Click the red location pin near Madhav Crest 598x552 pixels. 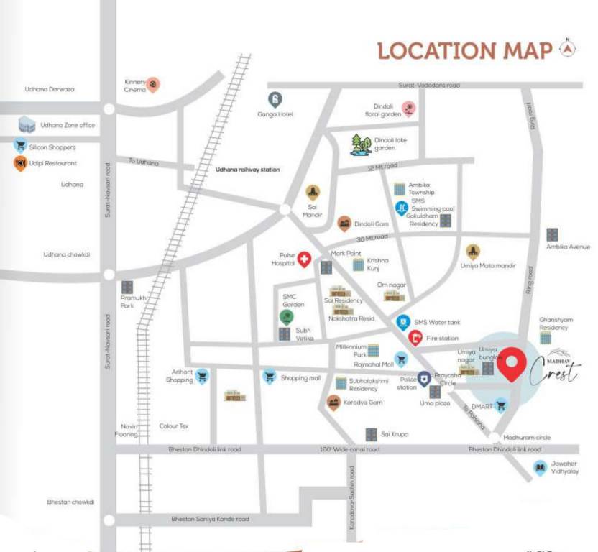click(511, 364)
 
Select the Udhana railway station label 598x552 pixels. click(248, 170)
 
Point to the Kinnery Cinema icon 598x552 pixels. click(153, 85)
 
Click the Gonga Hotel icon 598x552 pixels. click(275, 99)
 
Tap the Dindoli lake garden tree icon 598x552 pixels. click(360, 144)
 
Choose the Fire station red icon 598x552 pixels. click(415, 338)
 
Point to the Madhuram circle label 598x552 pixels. click(527, 437)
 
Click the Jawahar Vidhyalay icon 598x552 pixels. click(540, 469)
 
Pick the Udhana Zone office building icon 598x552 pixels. click(27, 124)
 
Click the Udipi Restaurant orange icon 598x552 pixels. click(20, 164)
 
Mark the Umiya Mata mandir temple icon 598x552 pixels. click(473, 252)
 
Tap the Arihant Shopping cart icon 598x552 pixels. click(203, 375)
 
